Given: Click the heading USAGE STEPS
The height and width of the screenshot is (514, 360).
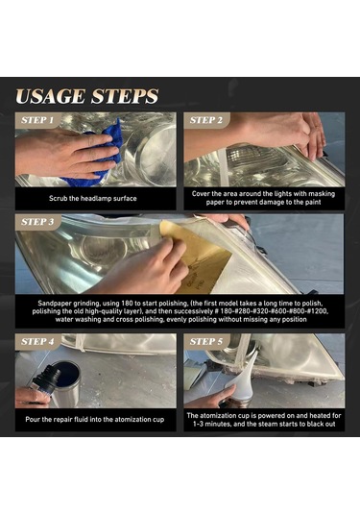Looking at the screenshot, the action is (x=87, y=96).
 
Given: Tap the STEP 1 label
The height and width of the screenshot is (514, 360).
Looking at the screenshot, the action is (x=37, y=120).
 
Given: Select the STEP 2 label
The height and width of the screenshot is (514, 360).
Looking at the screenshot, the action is (x=206, y=120).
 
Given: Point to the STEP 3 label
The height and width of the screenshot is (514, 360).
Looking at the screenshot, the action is (x=37, y=222).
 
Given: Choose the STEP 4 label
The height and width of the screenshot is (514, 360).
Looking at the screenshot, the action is (x=37, y=341).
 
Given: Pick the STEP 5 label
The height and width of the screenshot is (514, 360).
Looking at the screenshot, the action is (x=206, y=341).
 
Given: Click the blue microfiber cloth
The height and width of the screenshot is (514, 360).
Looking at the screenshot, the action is (x=98, y=154).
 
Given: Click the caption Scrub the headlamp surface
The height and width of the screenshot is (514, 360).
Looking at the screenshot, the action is (x=93, y=198).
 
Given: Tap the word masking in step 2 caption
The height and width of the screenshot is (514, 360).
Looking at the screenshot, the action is (x=322, y=194).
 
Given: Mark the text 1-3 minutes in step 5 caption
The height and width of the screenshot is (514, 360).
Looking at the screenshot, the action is (x=208, y=424).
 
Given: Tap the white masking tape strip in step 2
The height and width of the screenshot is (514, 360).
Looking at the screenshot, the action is (x=223, y=167).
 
